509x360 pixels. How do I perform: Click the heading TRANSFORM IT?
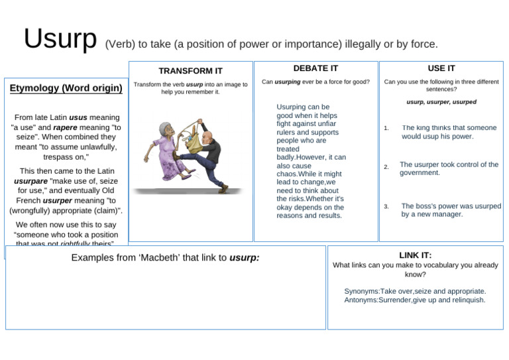click(x=191, y=71)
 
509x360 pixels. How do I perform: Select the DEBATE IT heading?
click(x=315, y=68)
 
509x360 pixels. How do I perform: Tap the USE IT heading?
click(x=441, y=68)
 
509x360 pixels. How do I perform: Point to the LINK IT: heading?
click(x=416, y=255)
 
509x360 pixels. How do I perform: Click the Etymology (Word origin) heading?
click(x=66, y=88)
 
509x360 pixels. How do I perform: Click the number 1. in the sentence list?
click(x=386, y=129)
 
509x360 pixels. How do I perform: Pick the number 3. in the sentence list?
click(x=386, y=207)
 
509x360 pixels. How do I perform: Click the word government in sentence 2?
click(x=420, y=172)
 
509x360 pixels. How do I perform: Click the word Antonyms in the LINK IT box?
click(x=362, y=300)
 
